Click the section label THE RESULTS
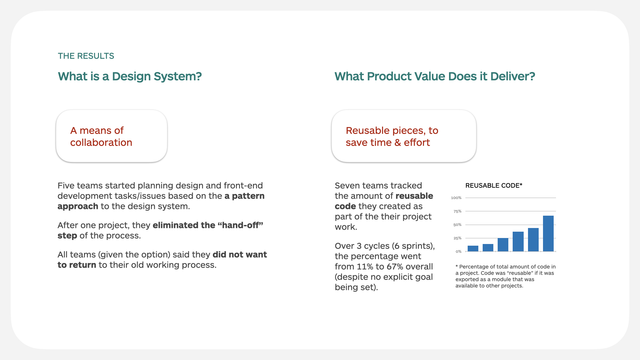[x=86, y=56]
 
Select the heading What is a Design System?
[x=130, y=76]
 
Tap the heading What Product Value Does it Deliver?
[x=435, y=76]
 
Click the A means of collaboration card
[x=112, y=136]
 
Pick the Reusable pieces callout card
[x=404, y=136]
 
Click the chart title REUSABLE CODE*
[x=494, y=186]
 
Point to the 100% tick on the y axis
[x=456, y=198]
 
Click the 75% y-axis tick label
[x=457, y=211]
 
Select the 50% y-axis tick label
[x=457, y=225]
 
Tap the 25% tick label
[x=457, y=238]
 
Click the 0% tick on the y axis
[x=459, y=251]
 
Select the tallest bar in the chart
[x=548, y=233]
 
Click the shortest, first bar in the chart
[x=473, y=248]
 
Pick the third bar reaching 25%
[x=503, y=245]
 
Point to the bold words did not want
[x=240, y=255]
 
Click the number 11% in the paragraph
[x=365, y=267]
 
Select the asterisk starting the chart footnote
[x=457, y=266]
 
